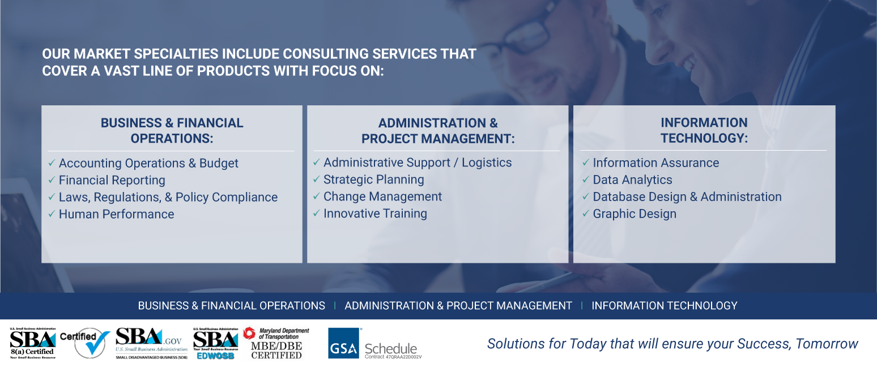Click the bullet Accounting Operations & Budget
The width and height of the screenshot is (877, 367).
click(x=148, y=163)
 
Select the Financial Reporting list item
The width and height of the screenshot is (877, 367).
click(x=112, y=180)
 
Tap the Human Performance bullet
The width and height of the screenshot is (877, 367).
click(x=116, y=214)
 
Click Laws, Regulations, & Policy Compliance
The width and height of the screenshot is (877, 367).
click(x=168, y=197)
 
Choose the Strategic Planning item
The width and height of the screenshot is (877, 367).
click(x=373, y=180)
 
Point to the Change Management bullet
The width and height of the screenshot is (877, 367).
click(x=382, y=197)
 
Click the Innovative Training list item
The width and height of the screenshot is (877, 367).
click(x=375, y=214)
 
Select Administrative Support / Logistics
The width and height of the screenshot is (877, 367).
click(x=417, y=163)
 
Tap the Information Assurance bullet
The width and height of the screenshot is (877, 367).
click(x=655, y=163)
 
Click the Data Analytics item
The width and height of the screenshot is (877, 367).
click(x=632, y=180)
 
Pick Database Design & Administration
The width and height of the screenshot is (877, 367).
click(x=687, y=197)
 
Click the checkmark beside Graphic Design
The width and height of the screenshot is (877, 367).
click(x=586, y=214)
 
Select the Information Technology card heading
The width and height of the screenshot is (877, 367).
click(x=704, y=130)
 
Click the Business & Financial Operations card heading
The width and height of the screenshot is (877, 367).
click(x=172, y=130)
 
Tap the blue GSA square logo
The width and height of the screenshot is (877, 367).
click(x=343, y=343)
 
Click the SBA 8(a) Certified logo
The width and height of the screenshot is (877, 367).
click(x=32, y=343)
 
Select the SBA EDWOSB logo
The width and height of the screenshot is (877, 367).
click(x=215, y=343)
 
